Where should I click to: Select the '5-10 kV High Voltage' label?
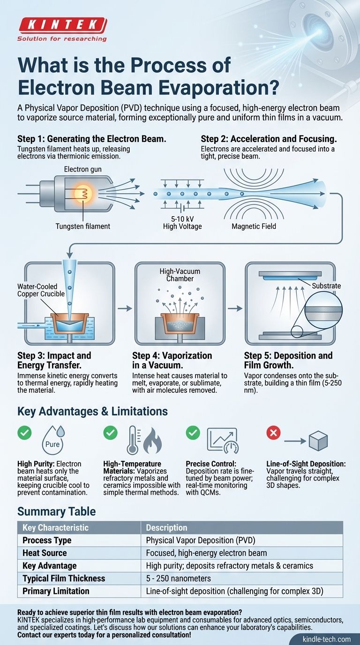[182, 223]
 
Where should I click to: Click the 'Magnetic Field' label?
[254, 226]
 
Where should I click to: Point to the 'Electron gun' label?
[82, 169]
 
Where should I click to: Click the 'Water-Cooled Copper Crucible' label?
[41, 290]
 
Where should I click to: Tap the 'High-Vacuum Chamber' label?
[180, 275]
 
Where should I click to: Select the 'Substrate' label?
[326, 285]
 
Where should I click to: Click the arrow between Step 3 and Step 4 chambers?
[125, 308]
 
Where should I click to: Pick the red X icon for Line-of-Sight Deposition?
[273, 433]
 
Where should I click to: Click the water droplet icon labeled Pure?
[53, 441]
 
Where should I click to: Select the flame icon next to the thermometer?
[152, 441]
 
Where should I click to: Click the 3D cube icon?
[318, 441]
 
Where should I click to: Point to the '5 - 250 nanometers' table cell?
[178, 578]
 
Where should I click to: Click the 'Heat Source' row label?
[45, 553]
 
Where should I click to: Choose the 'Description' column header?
[166, 527]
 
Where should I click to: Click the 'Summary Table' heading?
[56, 511]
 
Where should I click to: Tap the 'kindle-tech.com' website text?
[326, 639]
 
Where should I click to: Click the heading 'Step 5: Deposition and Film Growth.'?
[288, 360]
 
